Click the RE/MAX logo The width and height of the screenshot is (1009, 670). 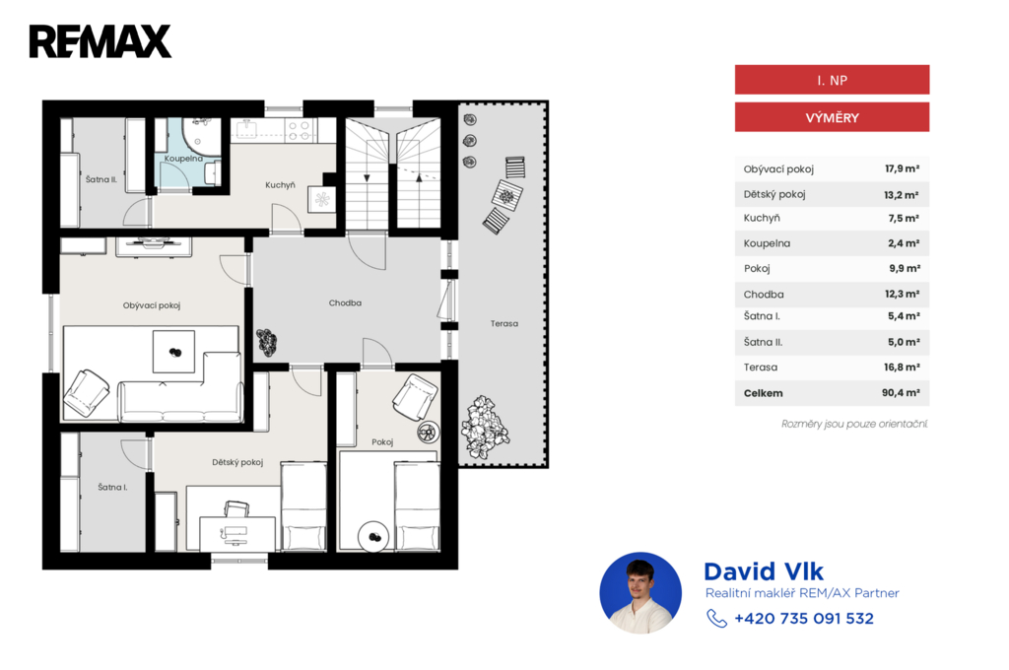(x=101, y=41)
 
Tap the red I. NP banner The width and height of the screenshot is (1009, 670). (x=832, y=80)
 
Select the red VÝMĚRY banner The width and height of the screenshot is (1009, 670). (x=832, y=117)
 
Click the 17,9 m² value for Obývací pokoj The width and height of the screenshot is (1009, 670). (x=903, y=168)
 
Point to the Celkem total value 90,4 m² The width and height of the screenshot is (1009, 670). (x=901, y=392)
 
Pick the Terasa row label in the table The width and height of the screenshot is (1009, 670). (x=761, y=368)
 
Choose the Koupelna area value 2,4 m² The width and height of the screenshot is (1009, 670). (x=904, y=243)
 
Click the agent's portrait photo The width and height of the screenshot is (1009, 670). (x=640, y=593)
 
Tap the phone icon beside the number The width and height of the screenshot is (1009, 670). (x=717, y=619)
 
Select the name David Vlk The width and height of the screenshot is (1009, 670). (x=764, y=571)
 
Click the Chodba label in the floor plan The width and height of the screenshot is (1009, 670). (x=345, y=302)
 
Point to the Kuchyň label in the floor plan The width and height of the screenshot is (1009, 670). (x=280, y=185)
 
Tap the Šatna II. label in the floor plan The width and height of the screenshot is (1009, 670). (x=101, y=179)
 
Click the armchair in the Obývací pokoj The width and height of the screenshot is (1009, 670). (x=87, y=392)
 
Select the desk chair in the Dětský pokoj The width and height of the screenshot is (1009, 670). (x=236, y=509)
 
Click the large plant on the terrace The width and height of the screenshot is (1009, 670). (x=485, y=427)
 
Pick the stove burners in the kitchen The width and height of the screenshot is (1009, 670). (x=300, y=131)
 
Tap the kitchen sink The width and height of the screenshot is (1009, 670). (x=247, y=129)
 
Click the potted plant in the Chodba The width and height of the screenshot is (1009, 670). (x=266, y=342)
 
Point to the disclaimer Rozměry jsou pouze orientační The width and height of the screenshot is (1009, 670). (x=854, y=424)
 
